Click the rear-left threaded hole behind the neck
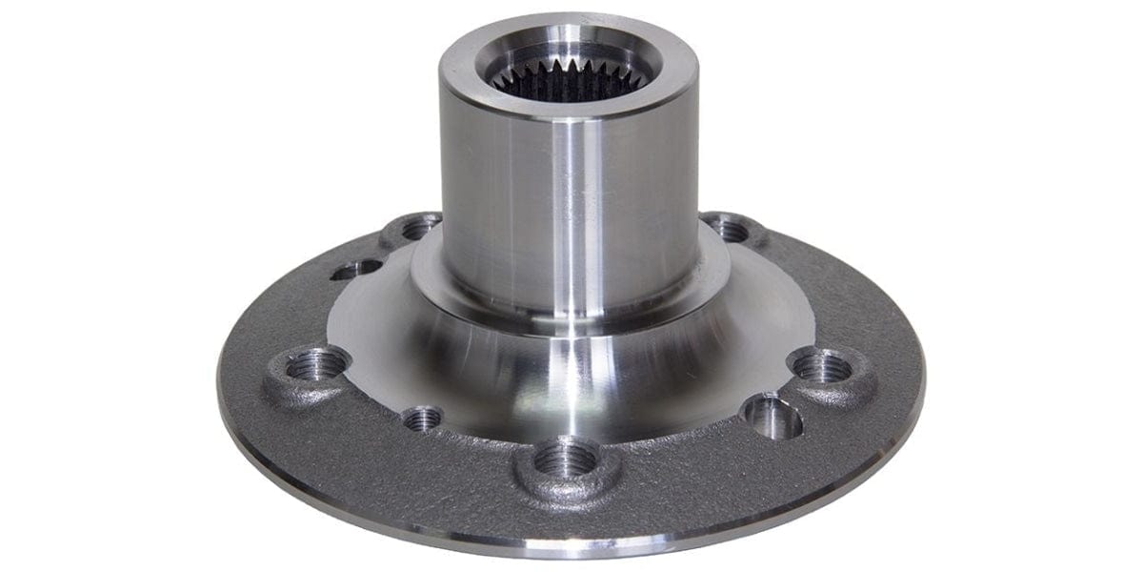pos(417,228)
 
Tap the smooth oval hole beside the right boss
pos(772,418)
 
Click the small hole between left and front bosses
pos(421,418)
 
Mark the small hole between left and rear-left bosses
pos(355,270)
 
